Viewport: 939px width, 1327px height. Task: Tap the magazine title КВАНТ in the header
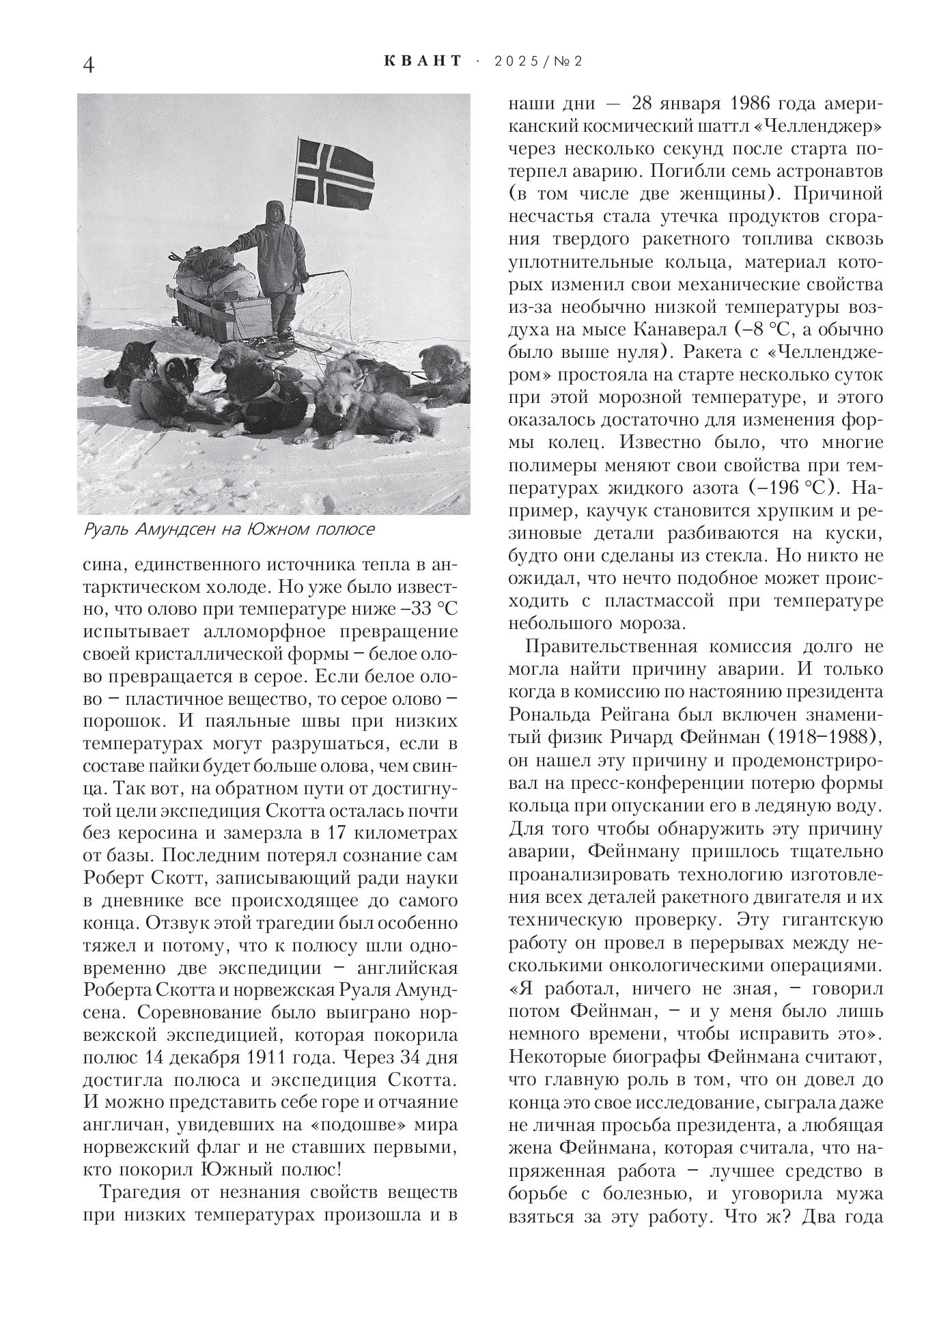[423, 61]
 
